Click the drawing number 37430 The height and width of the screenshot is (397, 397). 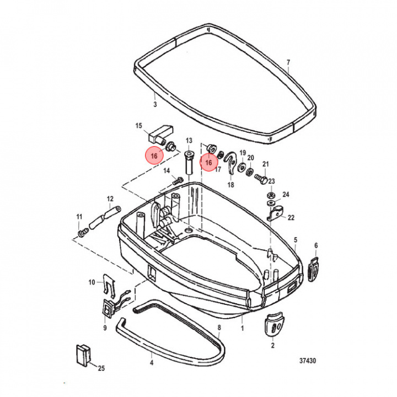point(308,362)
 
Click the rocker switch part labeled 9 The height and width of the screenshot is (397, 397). point(108,309)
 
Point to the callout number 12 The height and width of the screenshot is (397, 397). point(110,198)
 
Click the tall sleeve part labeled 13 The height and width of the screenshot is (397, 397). point(188,163)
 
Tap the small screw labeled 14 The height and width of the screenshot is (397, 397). point(178,180)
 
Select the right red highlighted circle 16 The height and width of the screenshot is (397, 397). point(208,162)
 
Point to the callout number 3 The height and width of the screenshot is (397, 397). point(155,104)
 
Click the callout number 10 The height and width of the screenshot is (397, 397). point(92,283)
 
